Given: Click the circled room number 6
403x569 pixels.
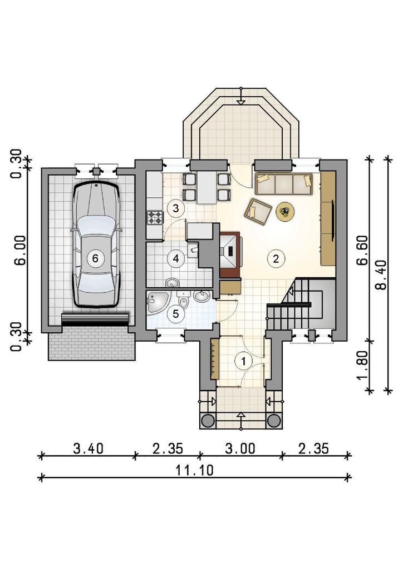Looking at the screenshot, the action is point(95,258).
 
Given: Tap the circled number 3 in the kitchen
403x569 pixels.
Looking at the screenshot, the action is point(176,208).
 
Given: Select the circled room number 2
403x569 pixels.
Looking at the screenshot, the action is point(276,259).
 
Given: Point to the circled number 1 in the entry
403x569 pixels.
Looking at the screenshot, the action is point(243,361).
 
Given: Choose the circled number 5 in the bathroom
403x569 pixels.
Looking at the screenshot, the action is point(176,313).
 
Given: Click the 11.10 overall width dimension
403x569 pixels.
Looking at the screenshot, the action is point(195,470).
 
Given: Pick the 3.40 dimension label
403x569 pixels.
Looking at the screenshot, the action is point(89,448).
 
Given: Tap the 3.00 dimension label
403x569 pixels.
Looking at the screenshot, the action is point(240,448).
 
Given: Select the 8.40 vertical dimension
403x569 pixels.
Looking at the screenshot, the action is point(380,274).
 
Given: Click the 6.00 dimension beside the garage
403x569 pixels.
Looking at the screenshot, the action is point(21,251).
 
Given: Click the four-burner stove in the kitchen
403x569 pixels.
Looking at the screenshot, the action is point(155,217).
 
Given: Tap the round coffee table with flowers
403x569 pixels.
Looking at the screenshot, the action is point(286,211).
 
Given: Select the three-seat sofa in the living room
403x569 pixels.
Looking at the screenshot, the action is point(284,184).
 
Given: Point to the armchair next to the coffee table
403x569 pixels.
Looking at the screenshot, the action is point(258,212).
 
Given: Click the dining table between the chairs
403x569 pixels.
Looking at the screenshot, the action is point(207,187).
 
